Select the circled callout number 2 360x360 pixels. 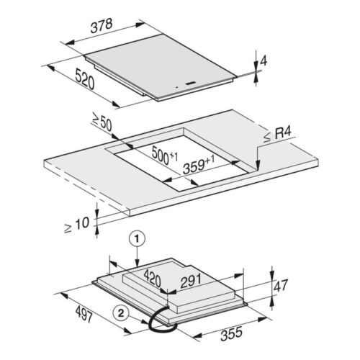[x=125, y=312]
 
